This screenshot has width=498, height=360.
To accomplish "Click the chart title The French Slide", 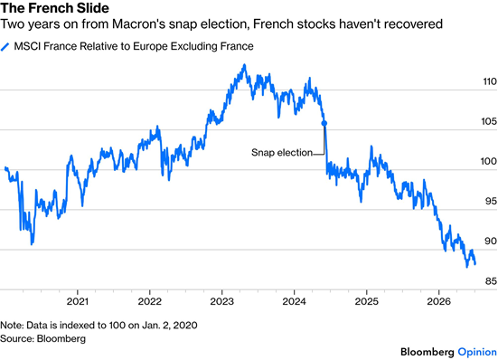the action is coord(54,7).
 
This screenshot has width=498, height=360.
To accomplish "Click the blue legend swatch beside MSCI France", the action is coord(5,47).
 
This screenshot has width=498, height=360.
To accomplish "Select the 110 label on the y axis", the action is coord(490,81).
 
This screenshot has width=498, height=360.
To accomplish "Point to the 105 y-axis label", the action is coord(489,121).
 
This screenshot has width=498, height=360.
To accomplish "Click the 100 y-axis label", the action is coord(489,161).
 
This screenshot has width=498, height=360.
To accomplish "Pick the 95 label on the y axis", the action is coord(491,201).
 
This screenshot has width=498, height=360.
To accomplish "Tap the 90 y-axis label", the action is coord(491,242).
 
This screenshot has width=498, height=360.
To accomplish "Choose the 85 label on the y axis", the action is coord(491,281).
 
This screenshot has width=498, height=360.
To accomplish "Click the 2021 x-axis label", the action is coord(77,301).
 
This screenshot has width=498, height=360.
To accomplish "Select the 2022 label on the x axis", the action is coord(150,301).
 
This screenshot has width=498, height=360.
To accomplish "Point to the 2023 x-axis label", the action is coord(221,301).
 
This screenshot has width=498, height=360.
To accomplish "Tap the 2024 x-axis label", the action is coord(294,301).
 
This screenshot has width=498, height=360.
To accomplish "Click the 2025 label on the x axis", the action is coord(367,301).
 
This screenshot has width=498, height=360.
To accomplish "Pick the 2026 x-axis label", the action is coord(438,301).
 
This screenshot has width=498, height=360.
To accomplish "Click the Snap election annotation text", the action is coord(282,153).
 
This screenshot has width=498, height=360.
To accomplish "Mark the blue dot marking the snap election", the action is coord(324,124).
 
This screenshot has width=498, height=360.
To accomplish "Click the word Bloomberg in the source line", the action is coord(61,338).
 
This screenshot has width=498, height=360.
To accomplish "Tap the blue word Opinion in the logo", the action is coord(477,353).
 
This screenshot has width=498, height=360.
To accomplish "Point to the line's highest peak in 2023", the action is coord(244,65).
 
